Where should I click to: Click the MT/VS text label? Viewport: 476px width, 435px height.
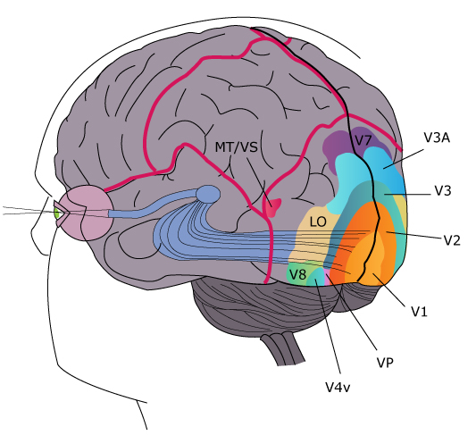coord(236,147)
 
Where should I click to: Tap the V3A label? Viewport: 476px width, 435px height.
coord(437,138)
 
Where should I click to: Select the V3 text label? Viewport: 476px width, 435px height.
coord(443,191)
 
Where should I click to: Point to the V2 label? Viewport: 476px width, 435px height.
coord(452,240)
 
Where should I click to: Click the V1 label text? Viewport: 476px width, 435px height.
coord(419,311)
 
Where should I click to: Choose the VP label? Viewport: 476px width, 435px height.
coord(385,363)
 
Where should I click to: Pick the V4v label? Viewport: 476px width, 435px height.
coord(338,387)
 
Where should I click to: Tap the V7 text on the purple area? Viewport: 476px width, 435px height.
coord(363,140)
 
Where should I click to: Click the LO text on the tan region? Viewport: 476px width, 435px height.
coord(318,222)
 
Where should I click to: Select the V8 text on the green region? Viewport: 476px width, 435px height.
coord(297,274)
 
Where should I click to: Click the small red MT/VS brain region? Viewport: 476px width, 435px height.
coord(272,207)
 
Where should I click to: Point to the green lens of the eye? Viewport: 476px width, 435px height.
coord(57,213)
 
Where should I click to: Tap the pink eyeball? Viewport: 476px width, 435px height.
coord(86,213)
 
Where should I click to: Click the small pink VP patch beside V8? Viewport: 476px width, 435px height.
coord(327,277)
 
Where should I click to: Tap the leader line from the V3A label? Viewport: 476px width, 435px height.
coord(403,158)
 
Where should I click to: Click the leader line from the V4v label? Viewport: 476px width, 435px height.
coord(328,327)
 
